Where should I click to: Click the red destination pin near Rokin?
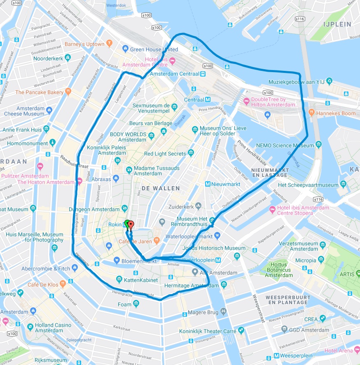pos(131,225)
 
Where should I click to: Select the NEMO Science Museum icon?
pos(318,145)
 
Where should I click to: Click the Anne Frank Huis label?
pos(22,129)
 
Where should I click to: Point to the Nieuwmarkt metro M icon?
pos(208,184)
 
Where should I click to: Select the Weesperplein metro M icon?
pos(277,356)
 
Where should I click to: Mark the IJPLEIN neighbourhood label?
pos(337,24)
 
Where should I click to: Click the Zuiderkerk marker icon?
pos(198,205)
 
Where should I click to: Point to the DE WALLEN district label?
pos(161,188)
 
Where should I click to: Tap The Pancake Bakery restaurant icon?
pos(68,92)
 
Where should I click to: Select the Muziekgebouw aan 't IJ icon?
pos(329,82)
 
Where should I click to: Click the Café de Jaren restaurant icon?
pos(156,240)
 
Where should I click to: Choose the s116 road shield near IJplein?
pos(300,19)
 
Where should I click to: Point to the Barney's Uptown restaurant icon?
pos(109,43)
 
